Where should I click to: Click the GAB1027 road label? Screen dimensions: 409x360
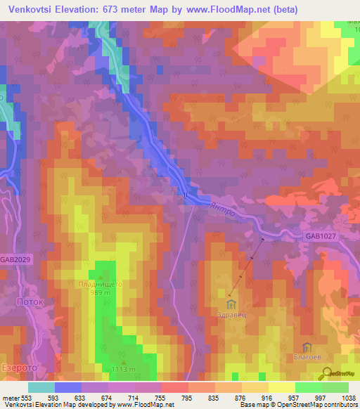321,237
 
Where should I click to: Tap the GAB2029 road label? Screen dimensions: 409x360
15,259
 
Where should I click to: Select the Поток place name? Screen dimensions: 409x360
30,301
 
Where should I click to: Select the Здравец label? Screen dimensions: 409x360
232,316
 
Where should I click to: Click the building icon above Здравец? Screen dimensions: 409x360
232,304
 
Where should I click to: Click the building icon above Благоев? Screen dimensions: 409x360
307,348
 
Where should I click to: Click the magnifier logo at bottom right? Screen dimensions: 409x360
327,372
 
